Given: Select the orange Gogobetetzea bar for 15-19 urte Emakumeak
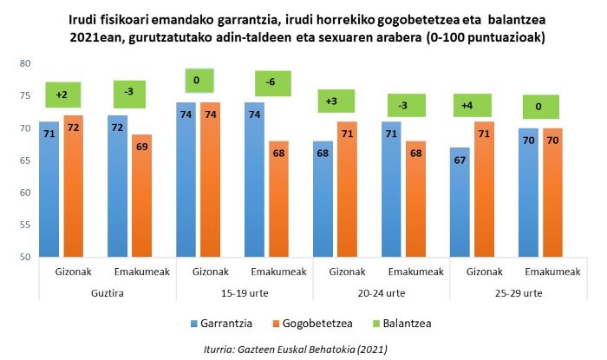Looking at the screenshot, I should pos(278,199).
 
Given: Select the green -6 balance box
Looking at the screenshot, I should pos(272,83).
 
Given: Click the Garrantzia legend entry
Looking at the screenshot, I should pos(221,324).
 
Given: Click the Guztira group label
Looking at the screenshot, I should pos(108,294).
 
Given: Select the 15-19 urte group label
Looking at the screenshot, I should pos(245,294).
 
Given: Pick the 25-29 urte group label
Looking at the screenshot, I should pos(518,294).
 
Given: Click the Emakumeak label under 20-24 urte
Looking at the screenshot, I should pos(414,272).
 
